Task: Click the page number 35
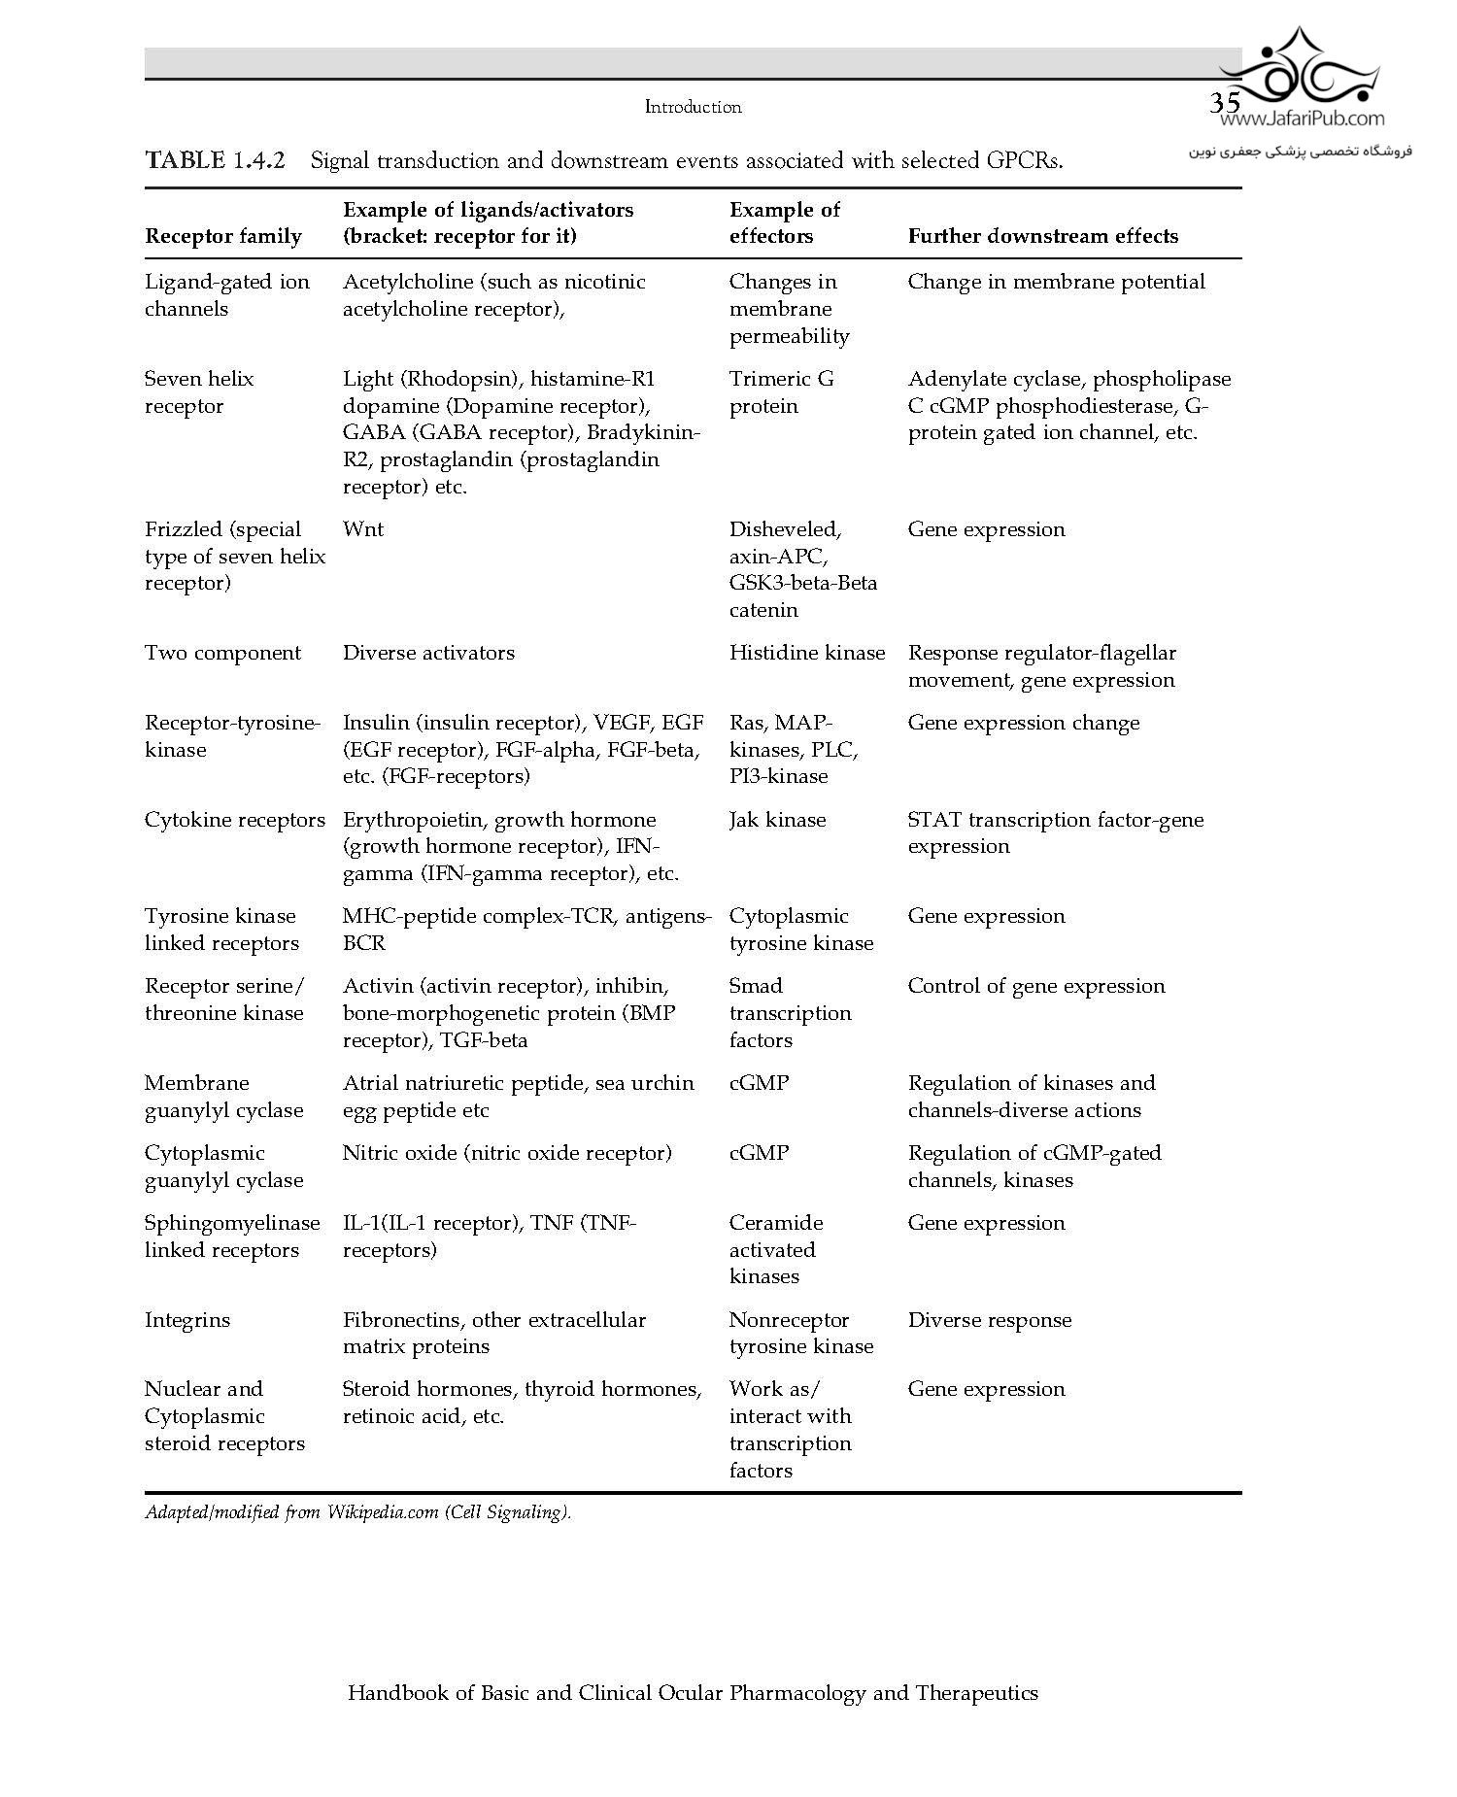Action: (x=1224, y=103)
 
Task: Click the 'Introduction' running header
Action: (x=693, y=107)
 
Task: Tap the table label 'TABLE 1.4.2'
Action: (x=215, y=160)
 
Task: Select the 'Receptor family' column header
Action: (x=223, y=236)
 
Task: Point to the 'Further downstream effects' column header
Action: (x=1042, y=236)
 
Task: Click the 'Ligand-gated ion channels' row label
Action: (x=226, y=295)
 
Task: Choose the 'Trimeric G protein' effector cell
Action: (x=781, y=392)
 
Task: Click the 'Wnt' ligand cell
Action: (x=363, y=529)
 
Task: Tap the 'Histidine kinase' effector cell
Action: (x=806, y=653)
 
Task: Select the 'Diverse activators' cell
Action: (x=428, y=653)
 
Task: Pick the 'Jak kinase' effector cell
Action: (x=777, y=820)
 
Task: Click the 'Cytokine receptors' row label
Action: (x=234, y=820)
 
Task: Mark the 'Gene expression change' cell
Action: (x=1023, y=723)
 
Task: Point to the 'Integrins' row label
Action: (x=187, y=1320)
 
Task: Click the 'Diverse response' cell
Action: (x=989, y=1320)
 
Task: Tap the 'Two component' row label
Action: (x=222, y=653)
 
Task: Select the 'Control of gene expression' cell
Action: (x=1035, y=986)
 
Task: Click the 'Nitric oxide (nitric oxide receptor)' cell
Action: (x=506, y=1153)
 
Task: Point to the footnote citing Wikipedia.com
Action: (x=358, y=1512)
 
